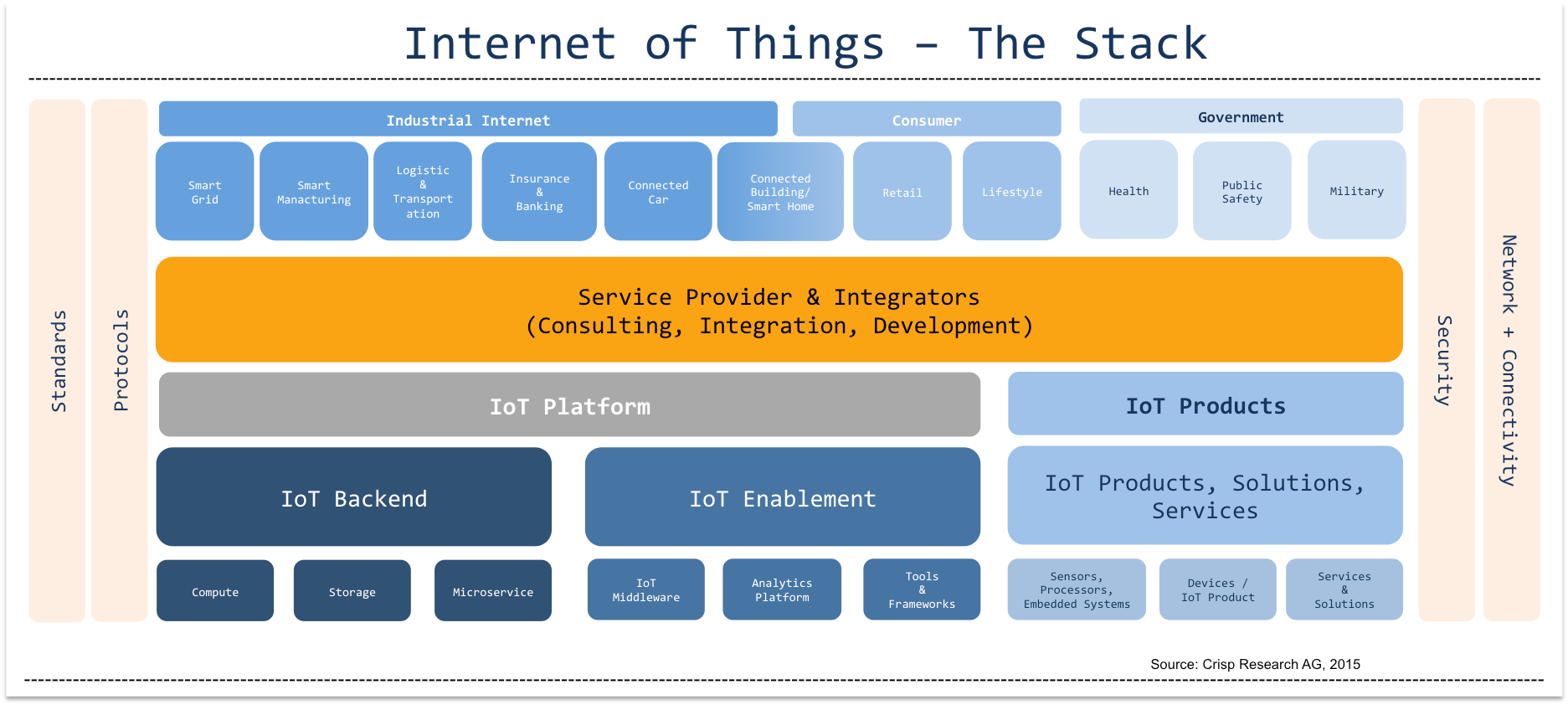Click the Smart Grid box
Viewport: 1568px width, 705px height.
coord(204,192)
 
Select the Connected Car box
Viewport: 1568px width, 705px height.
coord(658,192)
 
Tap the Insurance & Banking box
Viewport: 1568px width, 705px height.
coord(539,192)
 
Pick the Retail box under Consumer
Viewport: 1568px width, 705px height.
coord(902,192)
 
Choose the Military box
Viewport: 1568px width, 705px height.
coord(1356,190)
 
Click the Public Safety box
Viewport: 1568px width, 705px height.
coord(1242,191)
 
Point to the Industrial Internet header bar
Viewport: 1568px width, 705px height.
coord(468,120)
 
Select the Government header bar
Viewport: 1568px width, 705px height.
coord(1240,116)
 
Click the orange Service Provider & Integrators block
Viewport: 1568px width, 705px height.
coord(779,310)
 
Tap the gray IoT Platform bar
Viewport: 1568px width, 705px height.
coord(569,405)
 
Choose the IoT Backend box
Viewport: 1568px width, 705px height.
coord(353,497)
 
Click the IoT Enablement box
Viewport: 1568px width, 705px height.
coord(782,497)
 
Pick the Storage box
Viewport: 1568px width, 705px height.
coord(352,591)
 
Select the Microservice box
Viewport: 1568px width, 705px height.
coord(492,591)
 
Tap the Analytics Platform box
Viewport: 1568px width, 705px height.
coord(781,589)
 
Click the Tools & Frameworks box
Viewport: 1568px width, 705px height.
coord(921,589)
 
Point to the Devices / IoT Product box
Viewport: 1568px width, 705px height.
coord(1217,589)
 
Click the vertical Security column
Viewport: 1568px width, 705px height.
coord(1445,360)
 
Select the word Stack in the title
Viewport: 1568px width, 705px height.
coord(1140,44)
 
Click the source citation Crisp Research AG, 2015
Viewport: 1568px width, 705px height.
coord(1255,664)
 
